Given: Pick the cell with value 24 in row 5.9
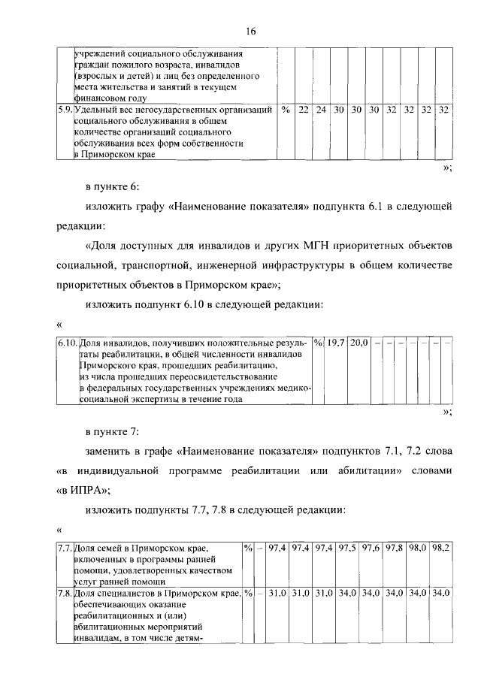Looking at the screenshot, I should point(321,110).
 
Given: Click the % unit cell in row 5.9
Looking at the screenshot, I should point(286,110).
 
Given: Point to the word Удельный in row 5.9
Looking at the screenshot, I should point(95,110).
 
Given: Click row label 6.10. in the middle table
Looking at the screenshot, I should point(68,343).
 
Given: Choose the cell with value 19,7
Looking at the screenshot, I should point(335,343).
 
